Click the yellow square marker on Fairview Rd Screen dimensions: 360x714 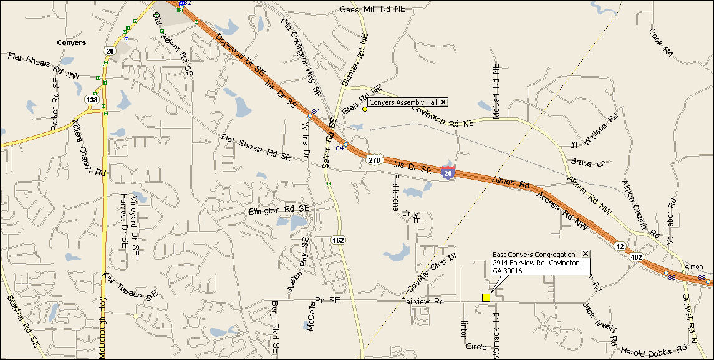486,298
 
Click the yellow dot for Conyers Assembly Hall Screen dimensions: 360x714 365,109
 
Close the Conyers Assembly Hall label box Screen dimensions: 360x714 443,102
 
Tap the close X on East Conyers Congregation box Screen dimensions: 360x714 585,254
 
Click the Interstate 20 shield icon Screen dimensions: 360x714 448,173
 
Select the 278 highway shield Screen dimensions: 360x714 374,160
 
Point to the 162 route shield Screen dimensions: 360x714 338,240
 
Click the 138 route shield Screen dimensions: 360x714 92,99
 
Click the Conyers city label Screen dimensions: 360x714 71,43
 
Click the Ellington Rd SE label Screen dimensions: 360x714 279,210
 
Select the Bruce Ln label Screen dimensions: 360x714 588,163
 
